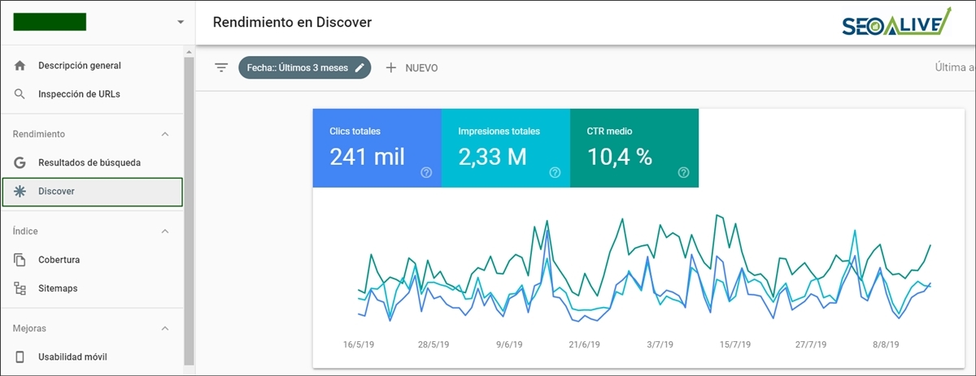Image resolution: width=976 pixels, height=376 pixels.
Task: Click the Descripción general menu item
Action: (79, 66)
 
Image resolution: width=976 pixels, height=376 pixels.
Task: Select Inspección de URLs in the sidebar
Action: (79, 94)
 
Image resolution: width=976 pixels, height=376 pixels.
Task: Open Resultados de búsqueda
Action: (89, 162)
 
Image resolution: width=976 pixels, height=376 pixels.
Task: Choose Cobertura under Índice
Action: (59, 260)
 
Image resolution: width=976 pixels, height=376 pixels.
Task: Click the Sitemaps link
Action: (57, 288)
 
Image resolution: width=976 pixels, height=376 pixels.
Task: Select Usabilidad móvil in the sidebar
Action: (72, 357)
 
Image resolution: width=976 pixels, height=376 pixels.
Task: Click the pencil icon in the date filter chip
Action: (359, 68)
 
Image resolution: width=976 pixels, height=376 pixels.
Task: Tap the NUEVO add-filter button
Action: (412, 68)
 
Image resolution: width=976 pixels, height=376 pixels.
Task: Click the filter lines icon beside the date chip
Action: (221, 68)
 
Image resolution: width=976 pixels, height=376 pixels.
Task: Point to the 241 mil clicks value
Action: (367, 157)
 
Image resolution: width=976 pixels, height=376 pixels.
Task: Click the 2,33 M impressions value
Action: (492, 157)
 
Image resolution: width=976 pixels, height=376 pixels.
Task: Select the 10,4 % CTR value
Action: (620, 157)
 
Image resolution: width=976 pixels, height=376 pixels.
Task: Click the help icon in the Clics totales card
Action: (426, 172)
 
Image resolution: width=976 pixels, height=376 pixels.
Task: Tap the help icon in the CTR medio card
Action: (683, 172)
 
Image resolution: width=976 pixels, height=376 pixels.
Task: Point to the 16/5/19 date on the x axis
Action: (359, 345)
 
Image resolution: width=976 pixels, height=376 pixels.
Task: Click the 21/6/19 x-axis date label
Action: (584, 345)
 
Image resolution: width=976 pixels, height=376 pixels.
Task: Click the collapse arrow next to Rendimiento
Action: (165, 134)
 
